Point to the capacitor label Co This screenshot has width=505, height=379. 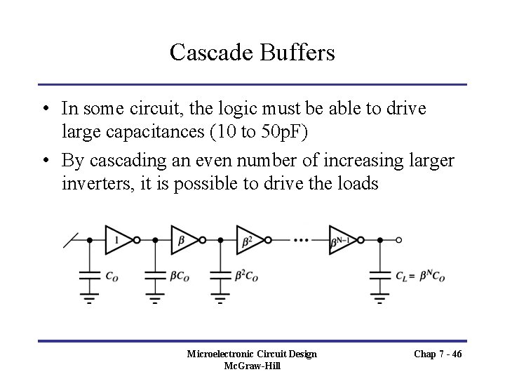112,277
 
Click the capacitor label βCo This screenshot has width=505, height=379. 180,277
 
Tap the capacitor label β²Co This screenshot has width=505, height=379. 247,277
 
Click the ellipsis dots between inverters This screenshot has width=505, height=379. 302,240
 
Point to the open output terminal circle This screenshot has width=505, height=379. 399,240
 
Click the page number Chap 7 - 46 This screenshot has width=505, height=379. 436,354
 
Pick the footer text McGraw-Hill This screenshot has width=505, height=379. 252,366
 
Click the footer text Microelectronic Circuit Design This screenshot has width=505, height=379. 252,354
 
